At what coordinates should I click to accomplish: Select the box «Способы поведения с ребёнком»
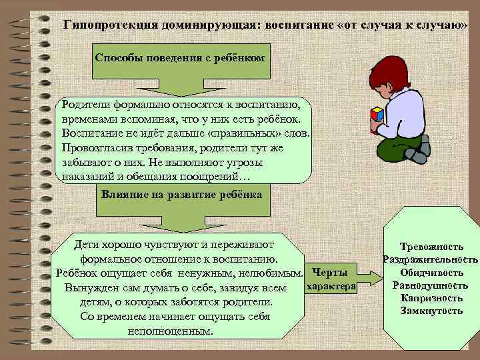[x=180, y=58]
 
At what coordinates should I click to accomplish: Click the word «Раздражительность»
[x=431, y=259]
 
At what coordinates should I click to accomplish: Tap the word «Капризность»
[x=431, y=297]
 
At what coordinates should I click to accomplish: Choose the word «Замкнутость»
[x=431, y=310]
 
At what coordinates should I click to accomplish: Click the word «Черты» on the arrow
[x=329, y=273]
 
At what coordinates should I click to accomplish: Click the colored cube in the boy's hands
[x=377, y=114]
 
